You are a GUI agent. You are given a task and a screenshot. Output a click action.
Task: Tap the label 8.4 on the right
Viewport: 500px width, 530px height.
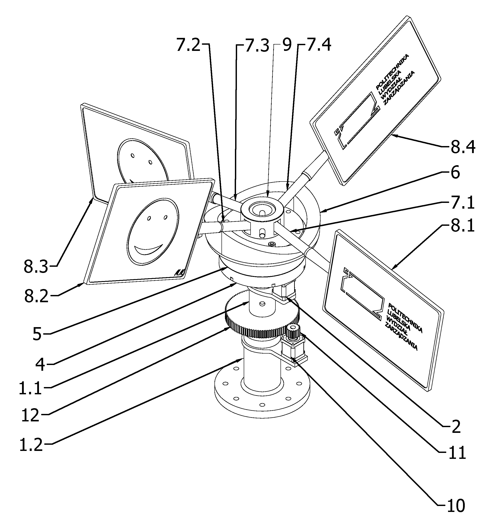[463, 147]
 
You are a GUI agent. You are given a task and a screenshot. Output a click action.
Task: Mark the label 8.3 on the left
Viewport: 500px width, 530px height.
[36, 266]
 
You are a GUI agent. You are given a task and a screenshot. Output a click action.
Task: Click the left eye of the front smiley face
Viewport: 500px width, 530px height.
[149, 218]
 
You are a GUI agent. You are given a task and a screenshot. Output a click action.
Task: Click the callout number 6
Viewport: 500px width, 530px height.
[455, 172]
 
